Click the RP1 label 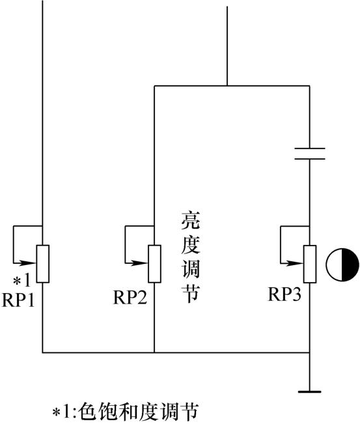[x=18, y=300]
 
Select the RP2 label [x=130, y=297]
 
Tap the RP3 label [x=284, y=294]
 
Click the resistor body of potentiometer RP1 [x=43, y=264]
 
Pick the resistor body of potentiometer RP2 [x=154, y=264]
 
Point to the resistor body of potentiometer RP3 [x=310, y=264]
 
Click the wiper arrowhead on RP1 [x=29, y=263]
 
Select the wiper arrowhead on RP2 [x=141, y=263]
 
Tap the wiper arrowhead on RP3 [x=296, y=263]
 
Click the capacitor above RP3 [x=310, y=154]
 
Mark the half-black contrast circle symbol [x=342, y=264]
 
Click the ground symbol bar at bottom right [x=310, y=391]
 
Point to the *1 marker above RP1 [x=22, y=281]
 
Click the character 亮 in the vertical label [x=191, y=220]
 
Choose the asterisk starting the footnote [x=56, y=413]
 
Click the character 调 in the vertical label [x=191, y=269]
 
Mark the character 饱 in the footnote [x=106, y=412]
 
